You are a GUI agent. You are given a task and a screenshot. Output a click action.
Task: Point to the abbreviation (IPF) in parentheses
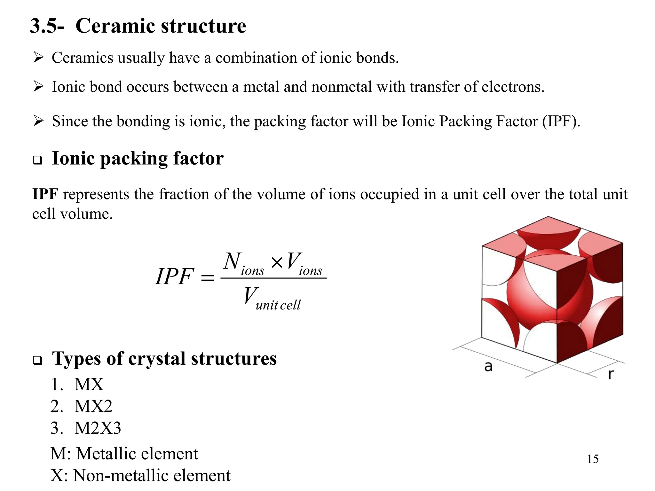(x=561, y=121)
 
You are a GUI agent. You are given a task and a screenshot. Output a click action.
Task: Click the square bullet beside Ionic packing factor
(x=38, y=160)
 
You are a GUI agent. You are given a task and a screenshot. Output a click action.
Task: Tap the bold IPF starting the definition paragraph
(x=45, y=194)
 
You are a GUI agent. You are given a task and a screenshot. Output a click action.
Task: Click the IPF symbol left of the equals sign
(x=175, y=277)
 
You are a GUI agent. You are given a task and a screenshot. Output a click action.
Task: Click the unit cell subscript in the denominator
(x=278, y=305)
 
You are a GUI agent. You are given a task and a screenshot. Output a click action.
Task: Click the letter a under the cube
(x=488, y=366)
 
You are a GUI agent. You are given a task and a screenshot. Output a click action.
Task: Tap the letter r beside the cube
(x=611, y=374)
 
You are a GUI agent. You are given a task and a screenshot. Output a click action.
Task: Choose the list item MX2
(x=93, y=406)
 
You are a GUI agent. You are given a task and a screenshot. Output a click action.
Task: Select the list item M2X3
(x=98, y=428)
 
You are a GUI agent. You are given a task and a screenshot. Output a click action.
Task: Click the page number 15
(x=593, y=459)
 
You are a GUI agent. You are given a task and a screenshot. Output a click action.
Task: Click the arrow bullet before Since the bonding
(x=38, y=121)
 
